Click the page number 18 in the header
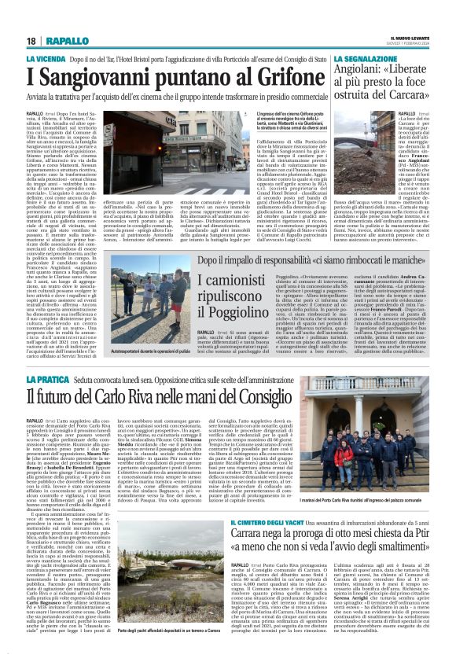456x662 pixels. click(31, 41)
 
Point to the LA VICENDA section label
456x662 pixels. click(46, 59)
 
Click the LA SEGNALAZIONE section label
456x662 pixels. click(366, 59)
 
